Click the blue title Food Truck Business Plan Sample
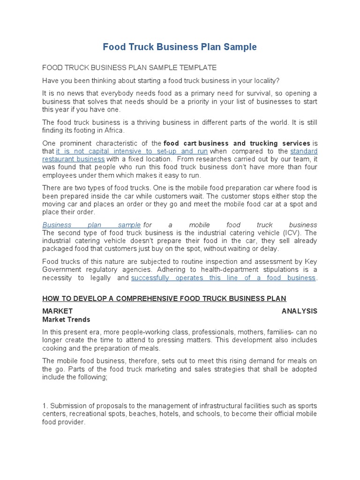(x=180, y=47)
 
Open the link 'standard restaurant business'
(x=304, y=151)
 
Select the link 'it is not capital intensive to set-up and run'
(x=132, y=151)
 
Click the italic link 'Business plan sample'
(x=91, y=225)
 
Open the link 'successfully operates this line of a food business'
(x=223, y=277)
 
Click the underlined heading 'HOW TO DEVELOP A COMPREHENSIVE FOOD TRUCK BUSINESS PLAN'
(x=164, y=298)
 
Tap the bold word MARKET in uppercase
(x=57, y=311)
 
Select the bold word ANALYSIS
(x=299, y=311)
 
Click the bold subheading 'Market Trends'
(x=66, y=319)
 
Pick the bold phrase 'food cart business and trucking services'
(x=237, y=143)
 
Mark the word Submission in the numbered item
(x=68, y=405)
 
